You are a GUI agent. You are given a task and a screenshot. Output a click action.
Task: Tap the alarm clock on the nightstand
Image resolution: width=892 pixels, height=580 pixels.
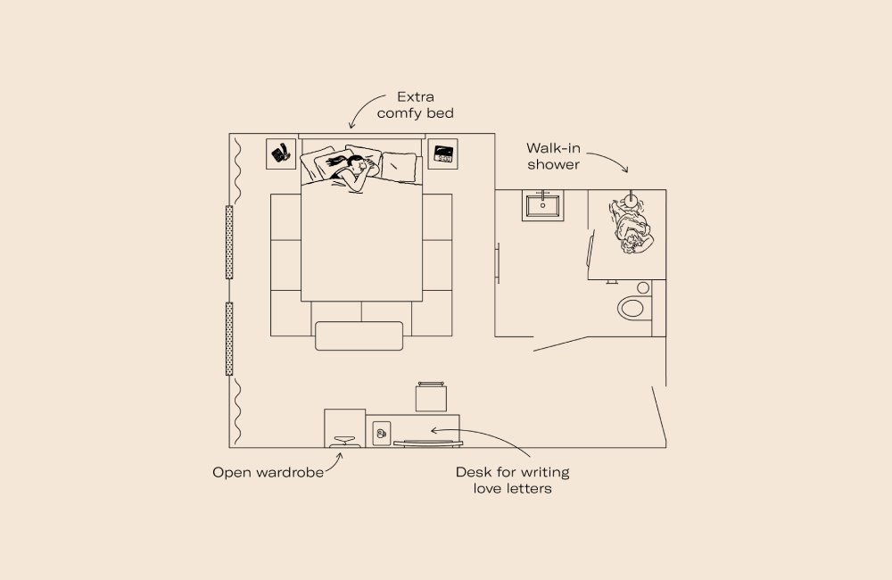[x=442, y=153]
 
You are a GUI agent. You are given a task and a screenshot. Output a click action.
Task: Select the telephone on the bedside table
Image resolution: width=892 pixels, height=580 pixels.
[x=282, y=153]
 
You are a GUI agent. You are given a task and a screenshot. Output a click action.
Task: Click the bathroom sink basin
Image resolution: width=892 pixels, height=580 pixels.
[x=542, y=206]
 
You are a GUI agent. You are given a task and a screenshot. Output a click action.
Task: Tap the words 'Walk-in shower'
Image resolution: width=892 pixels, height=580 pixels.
[x=554, y=156]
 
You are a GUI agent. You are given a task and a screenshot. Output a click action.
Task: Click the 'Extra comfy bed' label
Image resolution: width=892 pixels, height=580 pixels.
[x=415, y=104]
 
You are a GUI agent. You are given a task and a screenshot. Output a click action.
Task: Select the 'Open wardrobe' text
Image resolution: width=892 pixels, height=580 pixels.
[x=268, y=472]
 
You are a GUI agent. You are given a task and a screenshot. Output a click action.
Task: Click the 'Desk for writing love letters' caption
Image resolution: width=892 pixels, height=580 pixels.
[x=512, y=480]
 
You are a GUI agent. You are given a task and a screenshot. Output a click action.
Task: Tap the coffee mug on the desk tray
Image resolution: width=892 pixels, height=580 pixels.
[x=382, y=434]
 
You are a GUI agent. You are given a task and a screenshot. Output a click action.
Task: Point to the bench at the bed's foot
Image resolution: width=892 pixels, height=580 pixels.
[x=360, y=336]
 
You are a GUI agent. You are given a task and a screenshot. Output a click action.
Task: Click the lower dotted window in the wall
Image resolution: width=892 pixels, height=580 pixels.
[x=229, y=338]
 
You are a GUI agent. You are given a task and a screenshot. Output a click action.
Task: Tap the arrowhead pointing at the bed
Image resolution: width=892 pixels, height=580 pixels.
[x=352, y=127]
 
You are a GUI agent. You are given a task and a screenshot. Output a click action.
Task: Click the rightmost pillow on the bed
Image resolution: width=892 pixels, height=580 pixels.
[x=399, y=164]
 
